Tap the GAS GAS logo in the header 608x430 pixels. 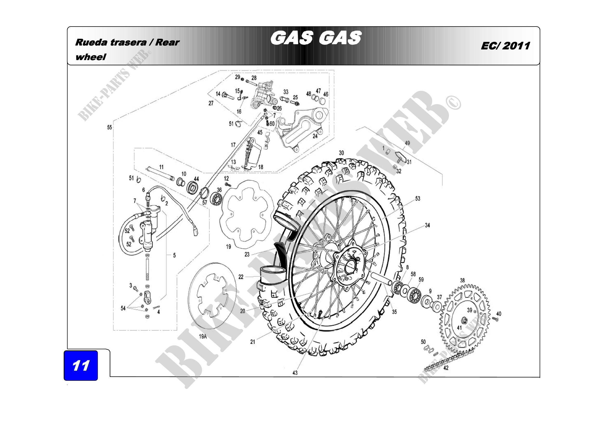pyautogui.click(x=316, y=38)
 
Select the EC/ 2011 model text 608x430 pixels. pyautogui.click(x=505, y=46)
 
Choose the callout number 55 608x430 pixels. pyautogui.click(x=110, y=127)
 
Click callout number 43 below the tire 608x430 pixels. pyautogui.click(x=295, y=373)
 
